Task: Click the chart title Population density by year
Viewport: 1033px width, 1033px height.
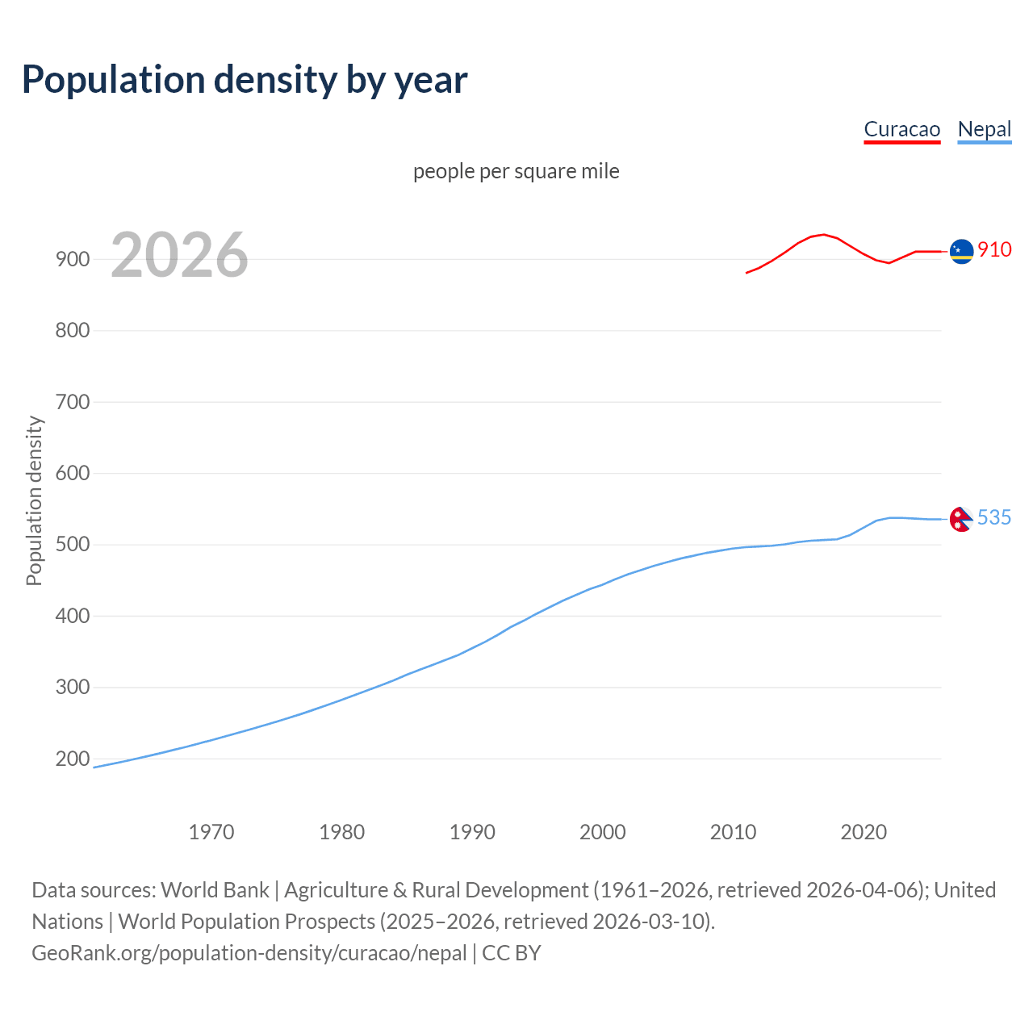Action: (x=245, y=80)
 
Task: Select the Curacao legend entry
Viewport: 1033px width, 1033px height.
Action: (x=901, y=129)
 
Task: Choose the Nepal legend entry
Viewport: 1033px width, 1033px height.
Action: (x=984, y=129)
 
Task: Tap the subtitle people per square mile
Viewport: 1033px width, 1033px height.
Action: (x=516, y=171)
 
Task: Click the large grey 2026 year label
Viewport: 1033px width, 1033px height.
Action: (x=179, y=256)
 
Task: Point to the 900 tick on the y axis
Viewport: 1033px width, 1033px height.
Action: (x=73, y=259)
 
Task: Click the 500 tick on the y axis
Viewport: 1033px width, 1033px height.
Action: (x=73, y=545)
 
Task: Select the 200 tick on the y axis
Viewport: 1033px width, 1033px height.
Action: (x=73, y=759)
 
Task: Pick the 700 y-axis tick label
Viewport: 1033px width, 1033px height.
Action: (x=73, y=402)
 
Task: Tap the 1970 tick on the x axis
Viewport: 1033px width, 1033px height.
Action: (x=211, y=832)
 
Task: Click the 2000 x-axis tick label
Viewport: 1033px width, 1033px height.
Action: (x=603, y=832)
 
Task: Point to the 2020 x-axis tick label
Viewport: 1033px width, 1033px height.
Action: (x=864, y=832)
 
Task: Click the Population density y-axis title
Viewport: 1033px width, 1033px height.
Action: (x=34, y=500)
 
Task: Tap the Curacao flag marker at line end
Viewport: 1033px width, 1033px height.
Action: (x=961, y=252)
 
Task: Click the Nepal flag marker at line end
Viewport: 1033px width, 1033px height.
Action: (x=960, y=519)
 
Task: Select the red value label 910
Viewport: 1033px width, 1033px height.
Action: (x=994, y=249)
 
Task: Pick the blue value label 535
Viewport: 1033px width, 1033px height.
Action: (x=994, y=517)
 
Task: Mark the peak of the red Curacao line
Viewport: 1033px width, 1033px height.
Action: (x=823, y=234)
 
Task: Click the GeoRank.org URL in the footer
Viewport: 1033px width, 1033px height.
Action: (x=249, y=953)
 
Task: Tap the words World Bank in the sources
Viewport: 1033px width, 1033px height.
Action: (x=215, y=890)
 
